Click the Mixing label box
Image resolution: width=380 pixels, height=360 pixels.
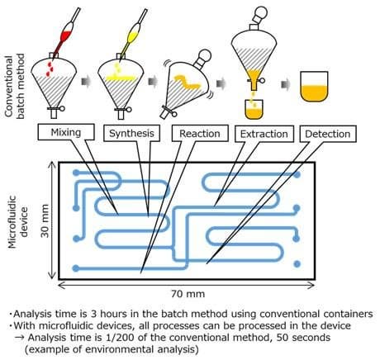[x=66, y=132]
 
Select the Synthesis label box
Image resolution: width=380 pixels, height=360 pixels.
[x=131, y=133]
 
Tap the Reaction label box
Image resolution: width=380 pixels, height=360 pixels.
[x=200, y=134]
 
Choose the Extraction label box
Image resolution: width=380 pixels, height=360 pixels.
[x=264, y=134]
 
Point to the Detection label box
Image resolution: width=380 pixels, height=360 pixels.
[x=328, y=134]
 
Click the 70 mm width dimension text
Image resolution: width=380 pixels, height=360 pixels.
[x=188, y=294]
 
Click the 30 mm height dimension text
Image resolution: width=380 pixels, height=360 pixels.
[x=45, y=220]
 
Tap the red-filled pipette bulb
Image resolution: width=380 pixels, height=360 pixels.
[x=66, y=36]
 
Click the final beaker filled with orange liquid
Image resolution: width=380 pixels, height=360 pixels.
[x=314, y=87]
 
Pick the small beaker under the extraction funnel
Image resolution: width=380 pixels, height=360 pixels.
[x=254, y=110]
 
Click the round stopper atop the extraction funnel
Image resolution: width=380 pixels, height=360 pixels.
[x=260, y=12]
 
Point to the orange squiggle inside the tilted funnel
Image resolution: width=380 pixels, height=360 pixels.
[x=187, y=82]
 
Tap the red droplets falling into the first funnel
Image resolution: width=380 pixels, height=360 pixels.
[x=50, y=69]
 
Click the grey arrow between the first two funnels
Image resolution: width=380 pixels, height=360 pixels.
[x=87, y=82]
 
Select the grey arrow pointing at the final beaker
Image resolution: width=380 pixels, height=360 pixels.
[x=286, y=84]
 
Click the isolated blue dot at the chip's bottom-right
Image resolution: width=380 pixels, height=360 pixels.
[x=297, y=264]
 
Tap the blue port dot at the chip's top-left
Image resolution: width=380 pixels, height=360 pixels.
[x=76, y=173]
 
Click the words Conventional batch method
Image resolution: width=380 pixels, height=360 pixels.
[x=15, y=86]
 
